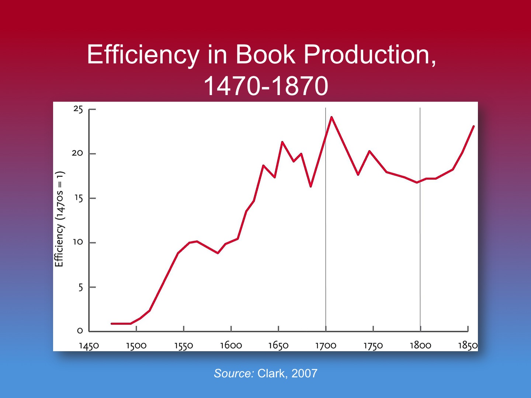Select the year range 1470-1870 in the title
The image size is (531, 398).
click(265, 86)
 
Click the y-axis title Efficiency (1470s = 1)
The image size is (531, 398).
click(59, 219)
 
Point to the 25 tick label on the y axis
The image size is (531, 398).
click(78, 109)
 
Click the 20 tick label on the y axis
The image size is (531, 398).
click(77, 153)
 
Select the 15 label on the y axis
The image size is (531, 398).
click(79, 198)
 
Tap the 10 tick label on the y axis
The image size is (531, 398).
click(78, 242)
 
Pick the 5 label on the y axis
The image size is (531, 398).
click(80, 287)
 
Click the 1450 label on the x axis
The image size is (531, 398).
click(89, 346)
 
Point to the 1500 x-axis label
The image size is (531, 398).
click(136, 346)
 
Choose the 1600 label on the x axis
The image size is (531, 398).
click(231, 346)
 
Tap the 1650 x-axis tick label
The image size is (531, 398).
click(278, 346)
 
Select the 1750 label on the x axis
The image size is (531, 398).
click(373, 346)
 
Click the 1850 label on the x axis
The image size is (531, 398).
click(468, 346)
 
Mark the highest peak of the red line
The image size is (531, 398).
click(332, 117)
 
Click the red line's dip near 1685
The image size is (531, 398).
click(311, 186)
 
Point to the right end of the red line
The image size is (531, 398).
click(473, 126)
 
